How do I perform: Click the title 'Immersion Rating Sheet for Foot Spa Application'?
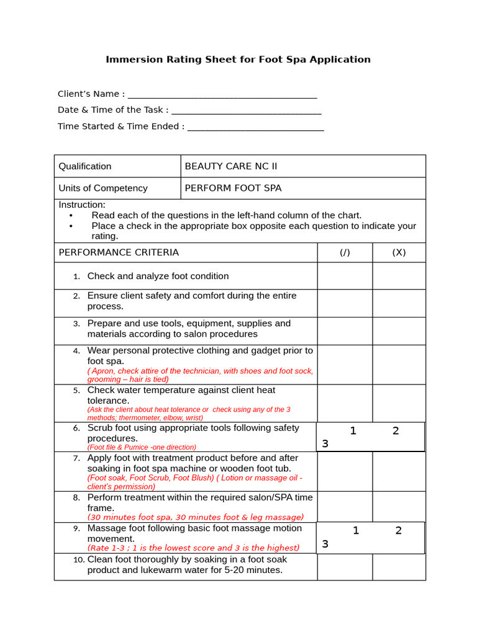[x=238, y=60]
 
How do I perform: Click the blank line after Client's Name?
[x=222, y=96]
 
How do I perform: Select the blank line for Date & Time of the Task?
[x=246, y=112]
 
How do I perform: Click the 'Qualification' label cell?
[x=85, y=166]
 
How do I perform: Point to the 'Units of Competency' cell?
[x=103, y=188]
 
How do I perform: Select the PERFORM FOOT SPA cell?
[x=233, y=188]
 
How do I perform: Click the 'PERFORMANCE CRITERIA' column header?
[x=119, y=252]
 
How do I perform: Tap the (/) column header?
[x=345, y=252]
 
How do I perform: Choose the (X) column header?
[x=399, y=252]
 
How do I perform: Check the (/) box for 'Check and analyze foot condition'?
[x=345, y=276]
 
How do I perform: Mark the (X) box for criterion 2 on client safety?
[x=399, y=303]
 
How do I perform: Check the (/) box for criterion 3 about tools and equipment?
[x=345, y=331]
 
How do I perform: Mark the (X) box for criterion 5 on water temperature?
[x=399, y=403]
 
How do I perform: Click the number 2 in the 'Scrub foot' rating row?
[x=396, y=431]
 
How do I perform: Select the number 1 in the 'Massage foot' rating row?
[x=356, y=530]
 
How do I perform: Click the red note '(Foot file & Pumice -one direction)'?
[x=142, y=447]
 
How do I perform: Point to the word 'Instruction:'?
[x=82, y=205]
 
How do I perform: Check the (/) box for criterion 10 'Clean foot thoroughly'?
[x=345, y=567]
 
